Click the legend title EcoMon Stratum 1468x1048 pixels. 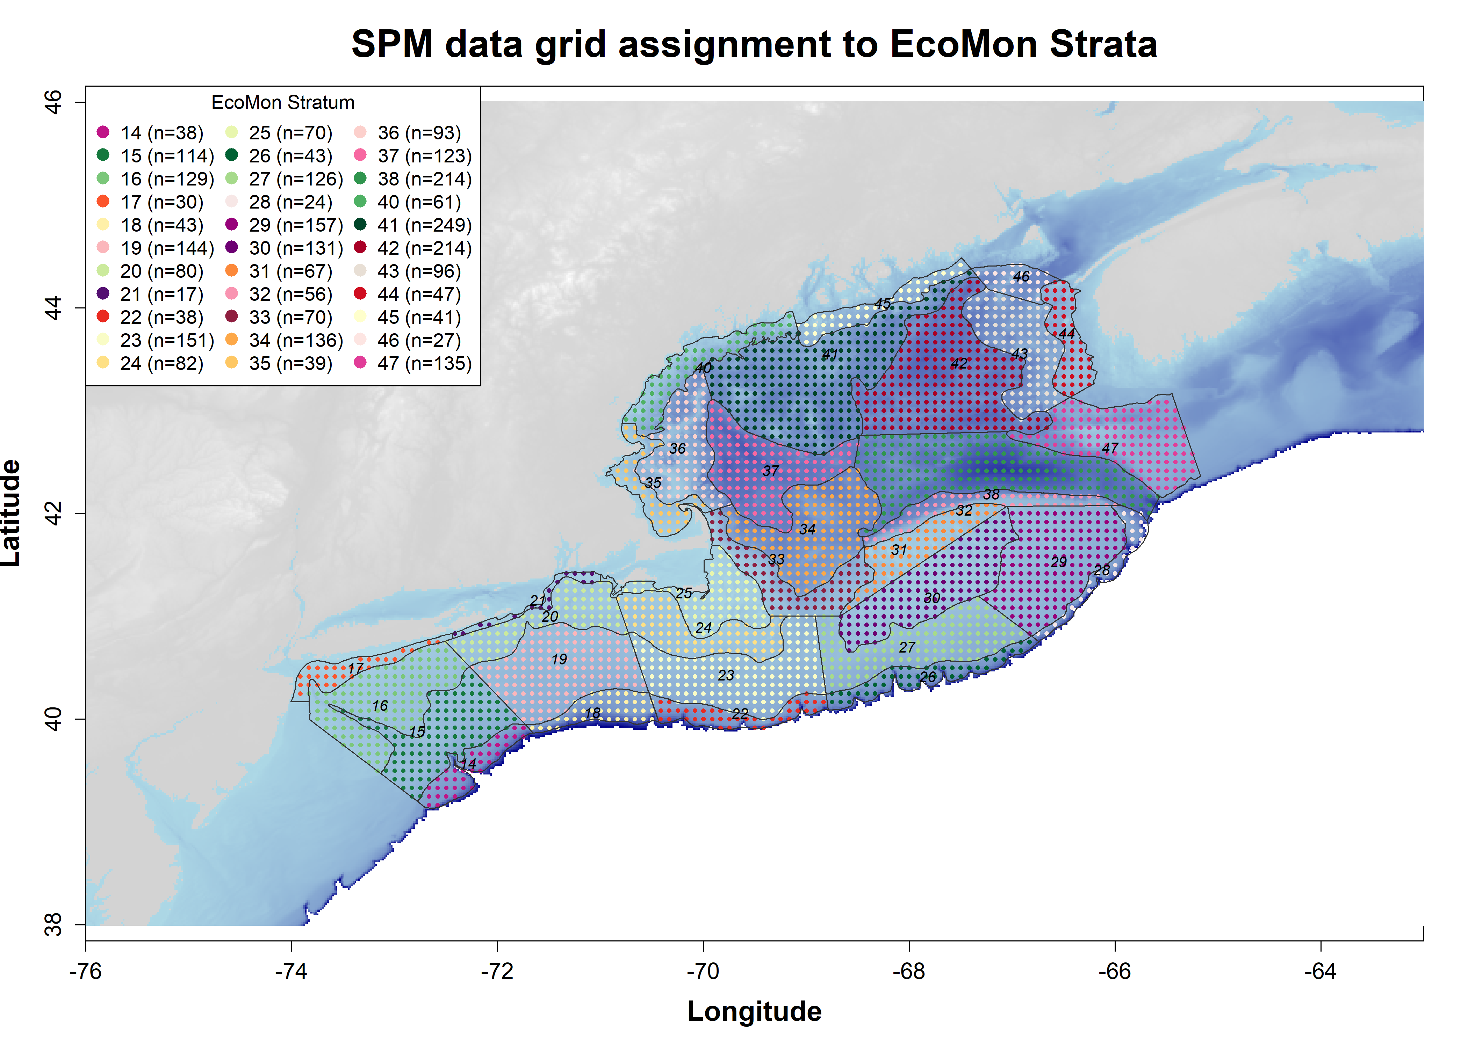(283, 103)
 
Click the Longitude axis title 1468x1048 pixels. (754, 1011)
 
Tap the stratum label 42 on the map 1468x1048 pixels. (959, 363)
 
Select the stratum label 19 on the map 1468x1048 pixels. (559, 659)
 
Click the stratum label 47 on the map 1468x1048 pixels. (1110, 448)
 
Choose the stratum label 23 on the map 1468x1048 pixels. (726, 675)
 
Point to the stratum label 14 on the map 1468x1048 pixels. (469, 764)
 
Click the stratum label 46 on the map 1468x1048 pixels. (1021, 277)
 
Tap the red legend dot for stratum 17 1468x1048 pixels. (103, 202)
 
